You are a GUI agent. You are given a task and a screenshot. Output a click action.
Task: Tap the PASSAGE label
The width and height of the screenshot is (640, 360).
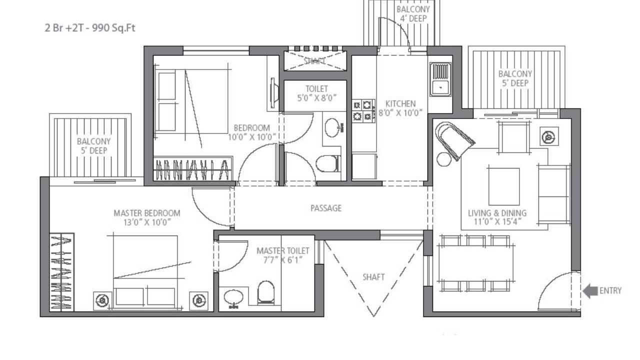[x=326, y=208]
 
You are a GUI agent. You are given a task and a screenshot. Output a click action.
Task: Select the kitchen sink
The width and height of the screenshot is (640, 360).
[x=440, y=80]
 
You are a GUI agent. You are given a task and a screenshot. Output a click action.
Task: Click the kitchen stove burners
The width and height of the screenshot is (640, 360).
[x=363, y=111]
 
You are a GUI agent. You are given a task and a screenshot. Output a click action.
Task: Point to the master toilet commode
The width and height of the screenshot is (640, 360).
[x=266, y=292]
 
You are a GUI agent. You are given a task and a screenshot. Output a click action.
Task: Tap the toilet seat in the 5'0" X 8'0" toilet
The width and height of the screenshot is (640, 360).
[x=328, y=163]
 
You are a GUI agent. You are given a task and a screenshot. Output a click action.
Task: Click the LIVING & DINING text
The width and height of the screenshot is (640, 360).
[x=497, y=213]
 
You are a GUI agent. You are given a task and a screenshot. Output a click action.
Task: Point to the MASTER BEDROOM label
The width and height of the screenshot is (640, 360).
[x=147, y=217]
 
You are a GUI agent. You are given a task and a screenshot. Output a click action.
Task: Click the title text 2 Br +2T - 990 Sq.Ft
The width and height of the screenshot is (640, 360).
[x=90, y=28]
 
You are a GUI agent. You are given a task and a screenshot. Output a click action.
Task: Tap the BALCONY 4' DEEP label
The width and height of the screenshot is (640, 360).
[x=412, y=13]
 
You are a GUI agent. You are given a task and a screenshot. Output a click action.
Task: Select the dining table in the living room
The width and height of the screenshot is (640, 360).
[x=475, y=263]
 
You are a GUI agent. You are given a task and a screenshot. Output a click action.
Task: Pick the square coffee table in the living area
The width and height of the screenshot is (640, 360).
[x=503, y=186]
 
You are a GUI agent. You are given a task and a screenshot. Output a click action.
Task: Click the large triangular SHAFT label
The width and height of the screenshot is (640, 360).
[x=373, y=276]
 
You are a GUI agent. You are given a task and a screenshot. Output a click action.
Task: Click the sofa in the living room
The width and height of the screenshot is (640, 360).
[x=553, y=193]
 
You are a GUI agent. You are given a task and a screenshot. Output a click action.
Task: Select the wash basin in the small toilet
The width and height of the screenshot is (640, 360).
[x=334, y=127]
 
